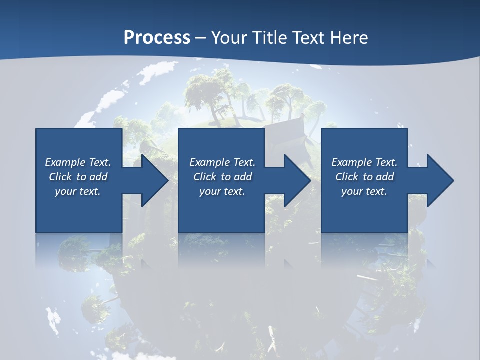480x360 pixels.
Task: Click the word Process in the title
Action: click(157, 37)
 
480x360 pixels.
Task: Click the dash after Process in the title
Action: click(201, 38)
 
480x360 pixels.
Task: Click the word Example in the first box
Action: click(65, 162)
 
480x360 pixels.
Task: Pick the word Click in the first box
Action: click(60, 177)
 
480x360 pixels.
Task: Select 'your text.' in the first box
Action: click(78, 191)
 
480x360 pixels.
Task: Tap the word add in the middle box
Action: click(243, 177)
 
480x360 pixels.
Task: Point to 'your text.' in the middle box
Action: click(222, 191)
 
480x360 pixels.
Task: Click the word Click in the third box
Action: click(347, 177)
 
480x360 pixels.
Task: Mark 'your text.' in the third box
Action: click(364, 191)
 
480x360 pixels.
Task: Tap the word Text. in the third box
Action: click(386, 162)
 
